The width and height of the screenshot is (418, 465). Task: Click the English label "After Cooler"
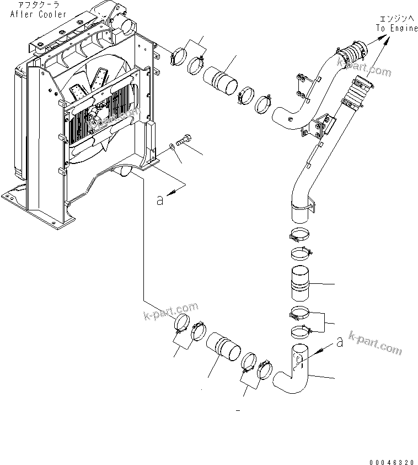tap(38, 14)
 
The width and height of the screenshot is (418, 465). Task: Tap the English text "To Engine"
tap(397, 29)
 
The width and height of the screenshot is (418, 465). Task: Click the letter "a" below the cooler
tap(160, 200)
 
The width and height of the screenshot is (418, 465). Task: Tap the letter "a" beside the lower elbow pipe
tap(339, 342)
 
